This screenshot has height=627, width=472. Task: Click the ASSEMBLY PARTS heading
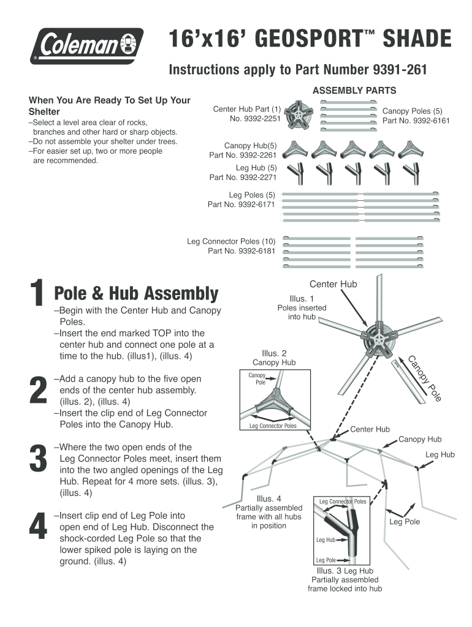click(x=354, y=91)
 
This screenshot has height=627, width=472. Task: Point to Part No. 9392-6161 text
click(x=416, y=121)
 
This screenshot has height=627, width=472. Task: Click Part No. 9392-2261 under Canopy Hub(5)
click(x=243, y=155)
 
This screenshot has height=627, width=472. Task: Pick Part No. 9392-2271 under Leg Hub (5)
click(x=243, y=178)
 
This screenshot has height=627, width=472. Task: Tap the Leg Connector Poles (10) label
click(x=231, y=241)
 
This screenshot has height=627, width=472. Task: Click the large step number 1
click(x=38, y=294)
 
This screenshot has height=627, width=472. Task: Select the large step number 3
click(x=38, y=460)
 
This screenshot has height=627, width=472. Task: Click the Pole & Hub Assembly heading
click(x=136, y=294)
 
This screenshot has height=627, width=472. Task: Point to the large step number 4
click(x=38, y=527)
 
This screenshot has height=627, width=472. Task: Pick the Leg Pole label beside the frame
click(x=405, y=522)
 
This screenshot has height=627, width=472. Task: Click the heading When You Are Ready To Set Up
click(x=110, y=100)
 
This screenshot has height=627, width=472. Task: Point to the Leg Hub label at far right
click(x=440, y=454)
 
